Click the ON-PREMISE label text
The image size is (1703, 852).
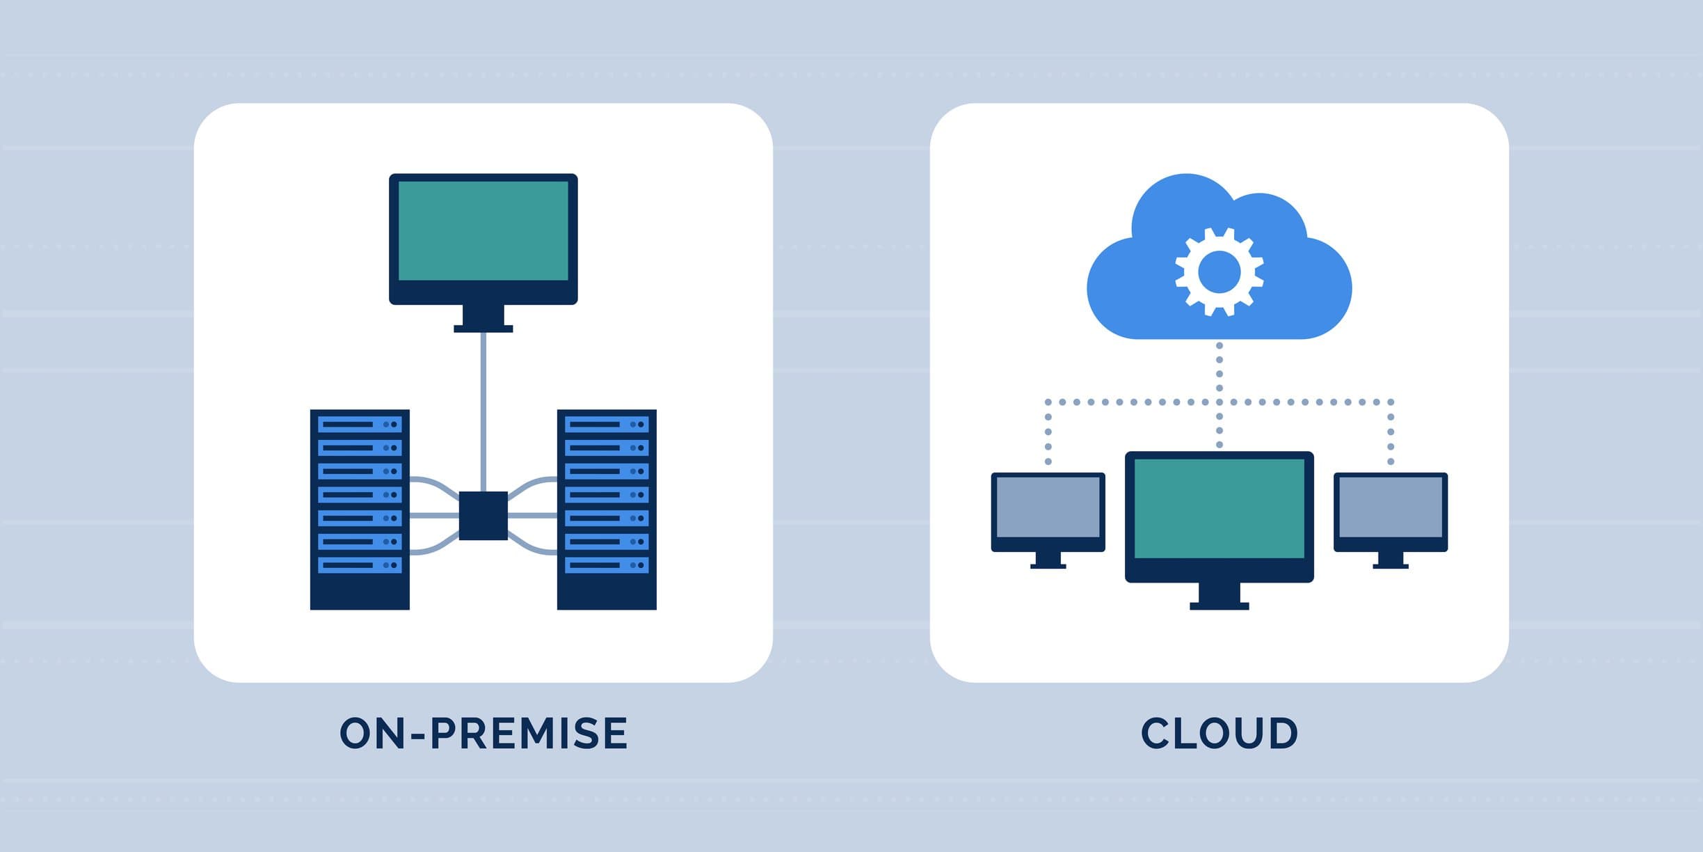(483, 733)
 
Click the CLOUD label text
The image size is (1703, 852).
(1219, 733)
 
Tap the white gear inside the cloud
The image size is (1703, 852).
(1220, 272)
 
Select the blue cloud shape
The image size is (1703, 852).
(1141, 292)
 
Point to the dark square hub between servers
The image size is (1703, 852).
(483, 516)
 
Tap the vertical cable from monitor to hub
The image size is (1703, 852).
(483, 411)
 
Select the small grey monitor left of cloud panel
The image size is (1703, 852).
(1048, 506)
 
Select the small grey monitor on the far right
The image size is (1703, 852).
(1390, 506)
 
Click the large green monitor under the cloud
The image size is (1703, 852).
(1219, 508)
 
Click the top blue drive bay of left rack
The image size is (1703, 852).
(360, 424)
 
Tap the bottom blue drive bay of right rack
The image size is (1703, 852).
(607, 565)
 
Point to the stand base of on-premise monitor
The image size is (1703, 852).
(483, 329)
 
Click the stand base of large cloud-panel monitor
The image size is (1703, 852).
(1219, 606)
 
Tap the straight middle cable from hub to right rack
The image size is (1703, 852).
(532, 516)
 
